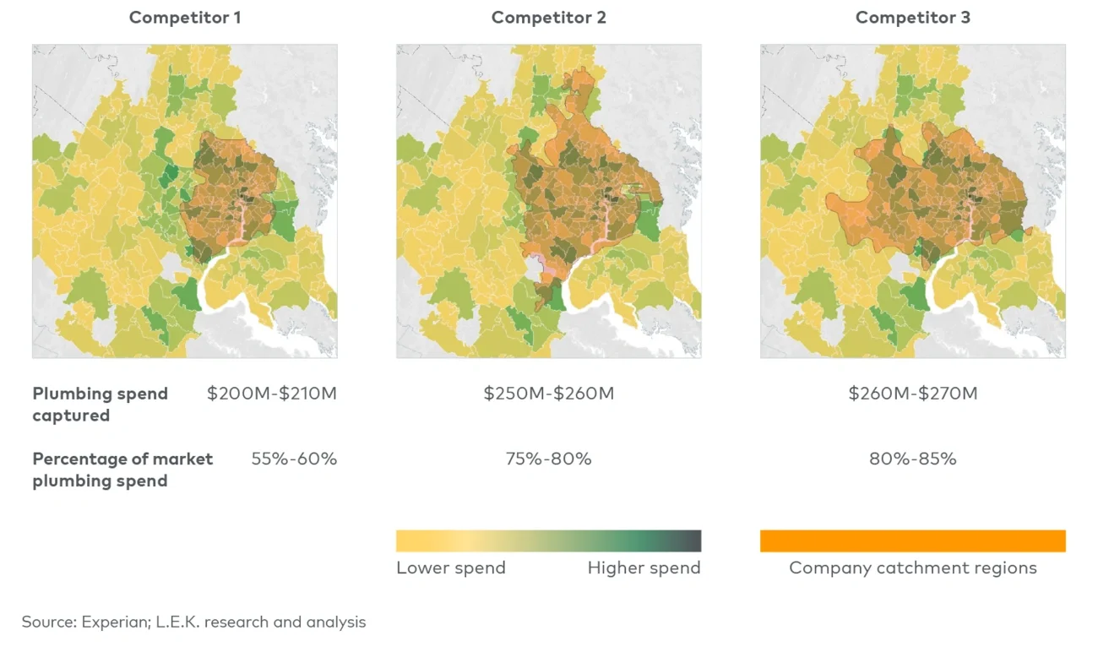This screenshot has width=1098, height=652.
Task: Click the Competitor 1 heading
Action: click(185, 18)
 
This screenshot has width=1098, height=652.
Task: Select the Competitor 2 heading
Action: click(548, 18)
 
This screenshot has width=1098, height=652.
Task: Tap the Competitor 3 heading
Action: click(912, 18)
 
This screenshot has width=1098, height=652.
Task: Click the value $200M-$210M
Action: click(271, 394)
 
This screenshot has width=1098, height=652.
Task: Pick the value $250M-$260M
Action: click(548, 394)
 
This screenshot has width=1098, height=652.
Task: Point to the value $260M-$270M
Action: click(912, 394)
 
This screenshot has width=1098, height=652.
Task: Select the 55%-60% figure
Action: click(293, 459)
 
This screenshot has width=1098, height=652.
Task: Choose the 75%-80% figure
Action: click(548, 459)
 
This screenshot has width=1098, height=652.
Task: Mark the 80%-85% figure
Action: click(912, 459)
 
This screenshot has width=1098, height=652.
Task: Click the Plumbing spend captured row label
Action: click(100, 405)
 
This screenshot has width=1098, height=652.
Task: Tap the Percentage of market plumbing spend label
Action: click(122, 470)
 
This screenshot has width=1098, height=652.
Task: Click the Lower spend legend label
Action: click(450, 568)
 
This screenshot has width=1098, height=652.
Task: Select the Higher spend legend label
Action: click(644, 568)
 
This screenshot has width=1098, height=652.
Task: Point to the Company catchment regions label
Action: click(912, 568)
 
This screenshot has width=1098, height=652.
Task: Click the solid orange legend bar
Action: click(912, 541)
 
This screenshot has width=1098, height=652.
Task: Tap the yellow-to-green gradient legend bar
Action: click(548, 541)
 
